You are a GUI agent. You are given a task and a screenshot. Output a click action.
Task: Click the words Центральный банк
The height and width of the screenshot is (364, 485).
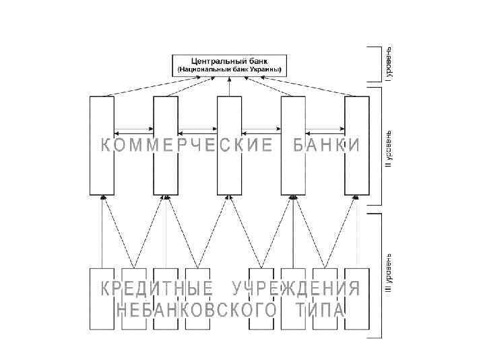point(229,61)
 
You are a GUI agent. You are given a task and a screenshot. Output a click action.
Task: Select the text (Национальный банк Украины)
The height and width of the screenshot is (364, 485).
point(229,70)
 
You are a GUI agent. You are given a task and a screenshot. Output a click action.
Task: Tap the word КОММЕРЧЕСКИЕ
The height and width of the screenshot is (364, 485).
point(186,146)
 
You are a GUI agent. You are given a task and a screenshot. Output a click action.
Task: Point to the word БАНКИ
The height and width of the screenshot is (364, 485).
point(326,146)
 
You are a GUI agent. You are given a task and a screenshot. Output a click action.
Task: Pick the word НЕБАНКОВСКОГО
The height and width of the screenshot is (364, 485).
point(197,310)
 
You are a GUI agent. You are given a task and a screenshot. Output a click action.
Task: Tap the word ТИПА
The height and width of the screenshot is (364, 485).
point(320,310)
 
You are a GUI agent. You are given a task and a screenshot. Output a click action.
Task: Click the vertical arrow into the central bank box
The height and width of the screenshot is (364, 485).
point(229,86)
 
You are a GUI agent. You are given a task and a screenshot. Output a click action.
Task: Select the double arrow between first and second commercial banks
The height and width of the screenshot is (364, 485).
point(133,131)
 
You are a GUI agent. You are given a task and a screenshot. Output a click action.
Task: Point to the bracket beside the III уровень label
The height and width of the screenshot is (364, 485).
point(375,276)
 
